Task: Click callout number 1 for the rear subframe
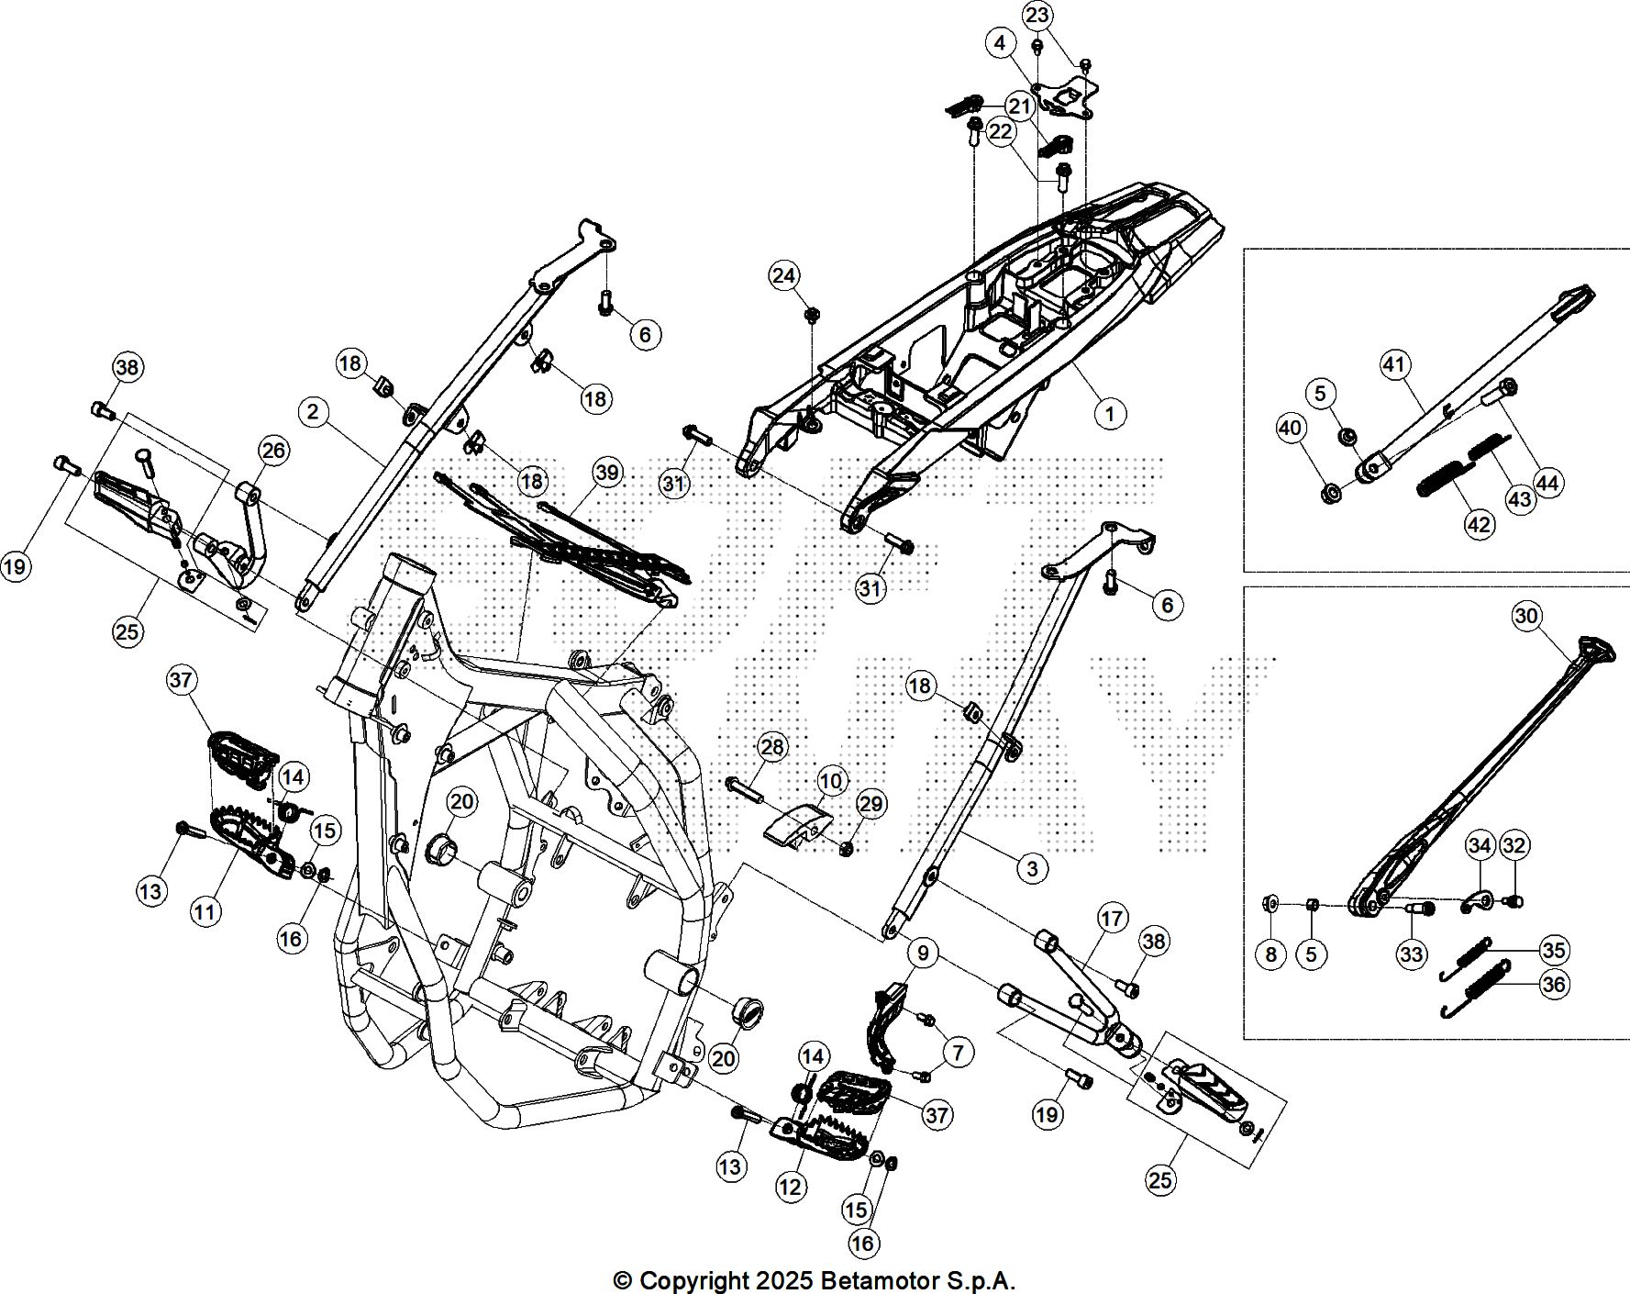click(1110, 414)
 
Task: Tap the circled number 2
click(314, 412)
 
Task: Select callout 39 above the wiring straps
click(607, 473)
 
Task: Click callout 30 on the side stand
click(1525, 616)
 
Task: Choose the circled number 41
click(1393, 365)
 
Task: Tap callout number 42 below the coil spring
click(1480, 524)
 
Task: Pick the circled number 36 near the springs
click(1554, 986)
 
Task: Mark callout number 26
click(274, 450)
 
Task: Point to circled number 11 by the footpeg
click(205, 911)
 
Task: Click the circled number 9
click(923, 954)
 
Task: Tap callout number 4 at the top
click(1000, 43)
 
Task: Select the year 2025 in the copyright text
click(782, 1280)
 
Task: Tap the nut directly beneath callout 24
click(811, 316)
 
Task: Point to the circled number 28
click(773, 747)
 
